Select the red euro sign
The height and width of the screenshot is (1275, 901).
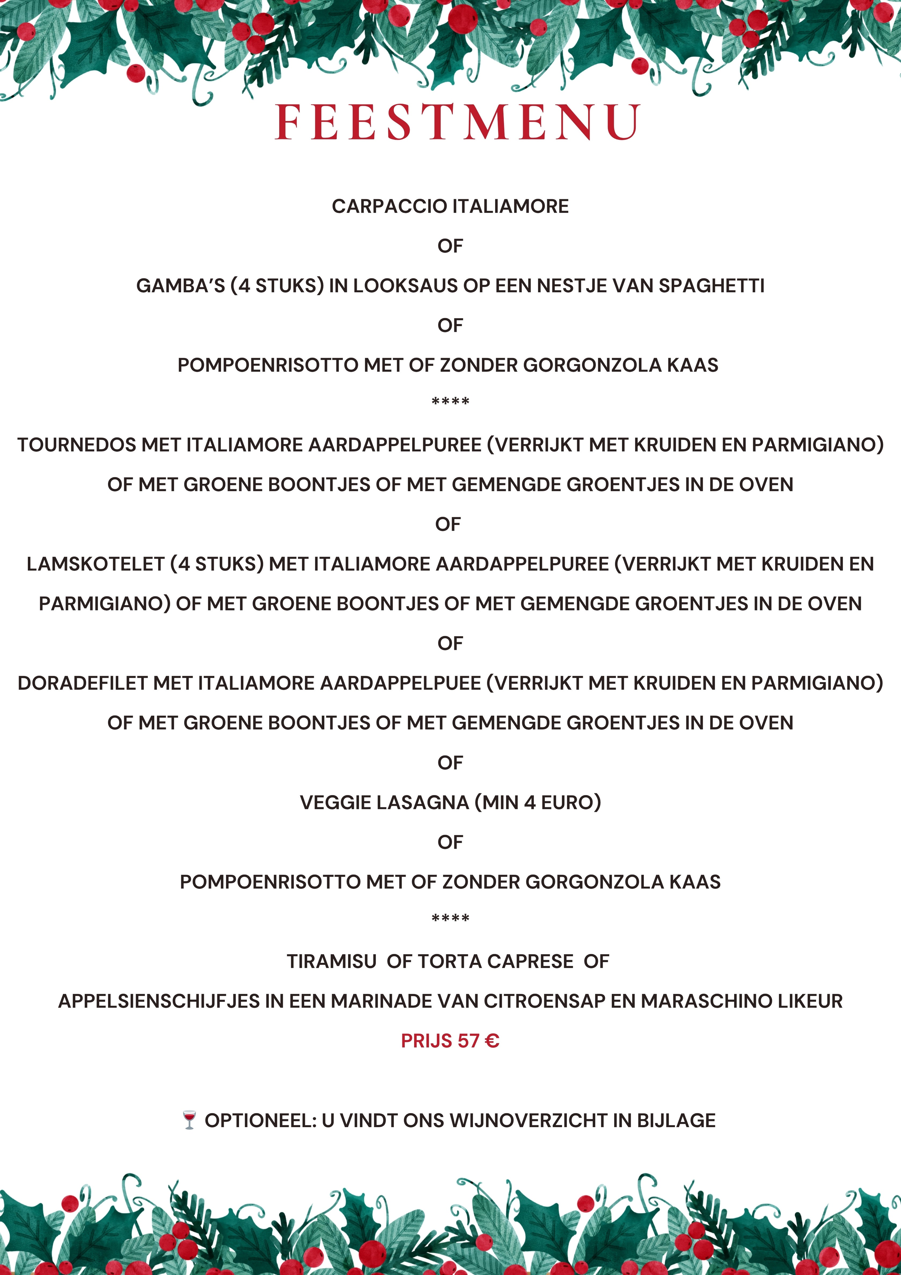pyautogui.click(x=492, y=1041)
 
